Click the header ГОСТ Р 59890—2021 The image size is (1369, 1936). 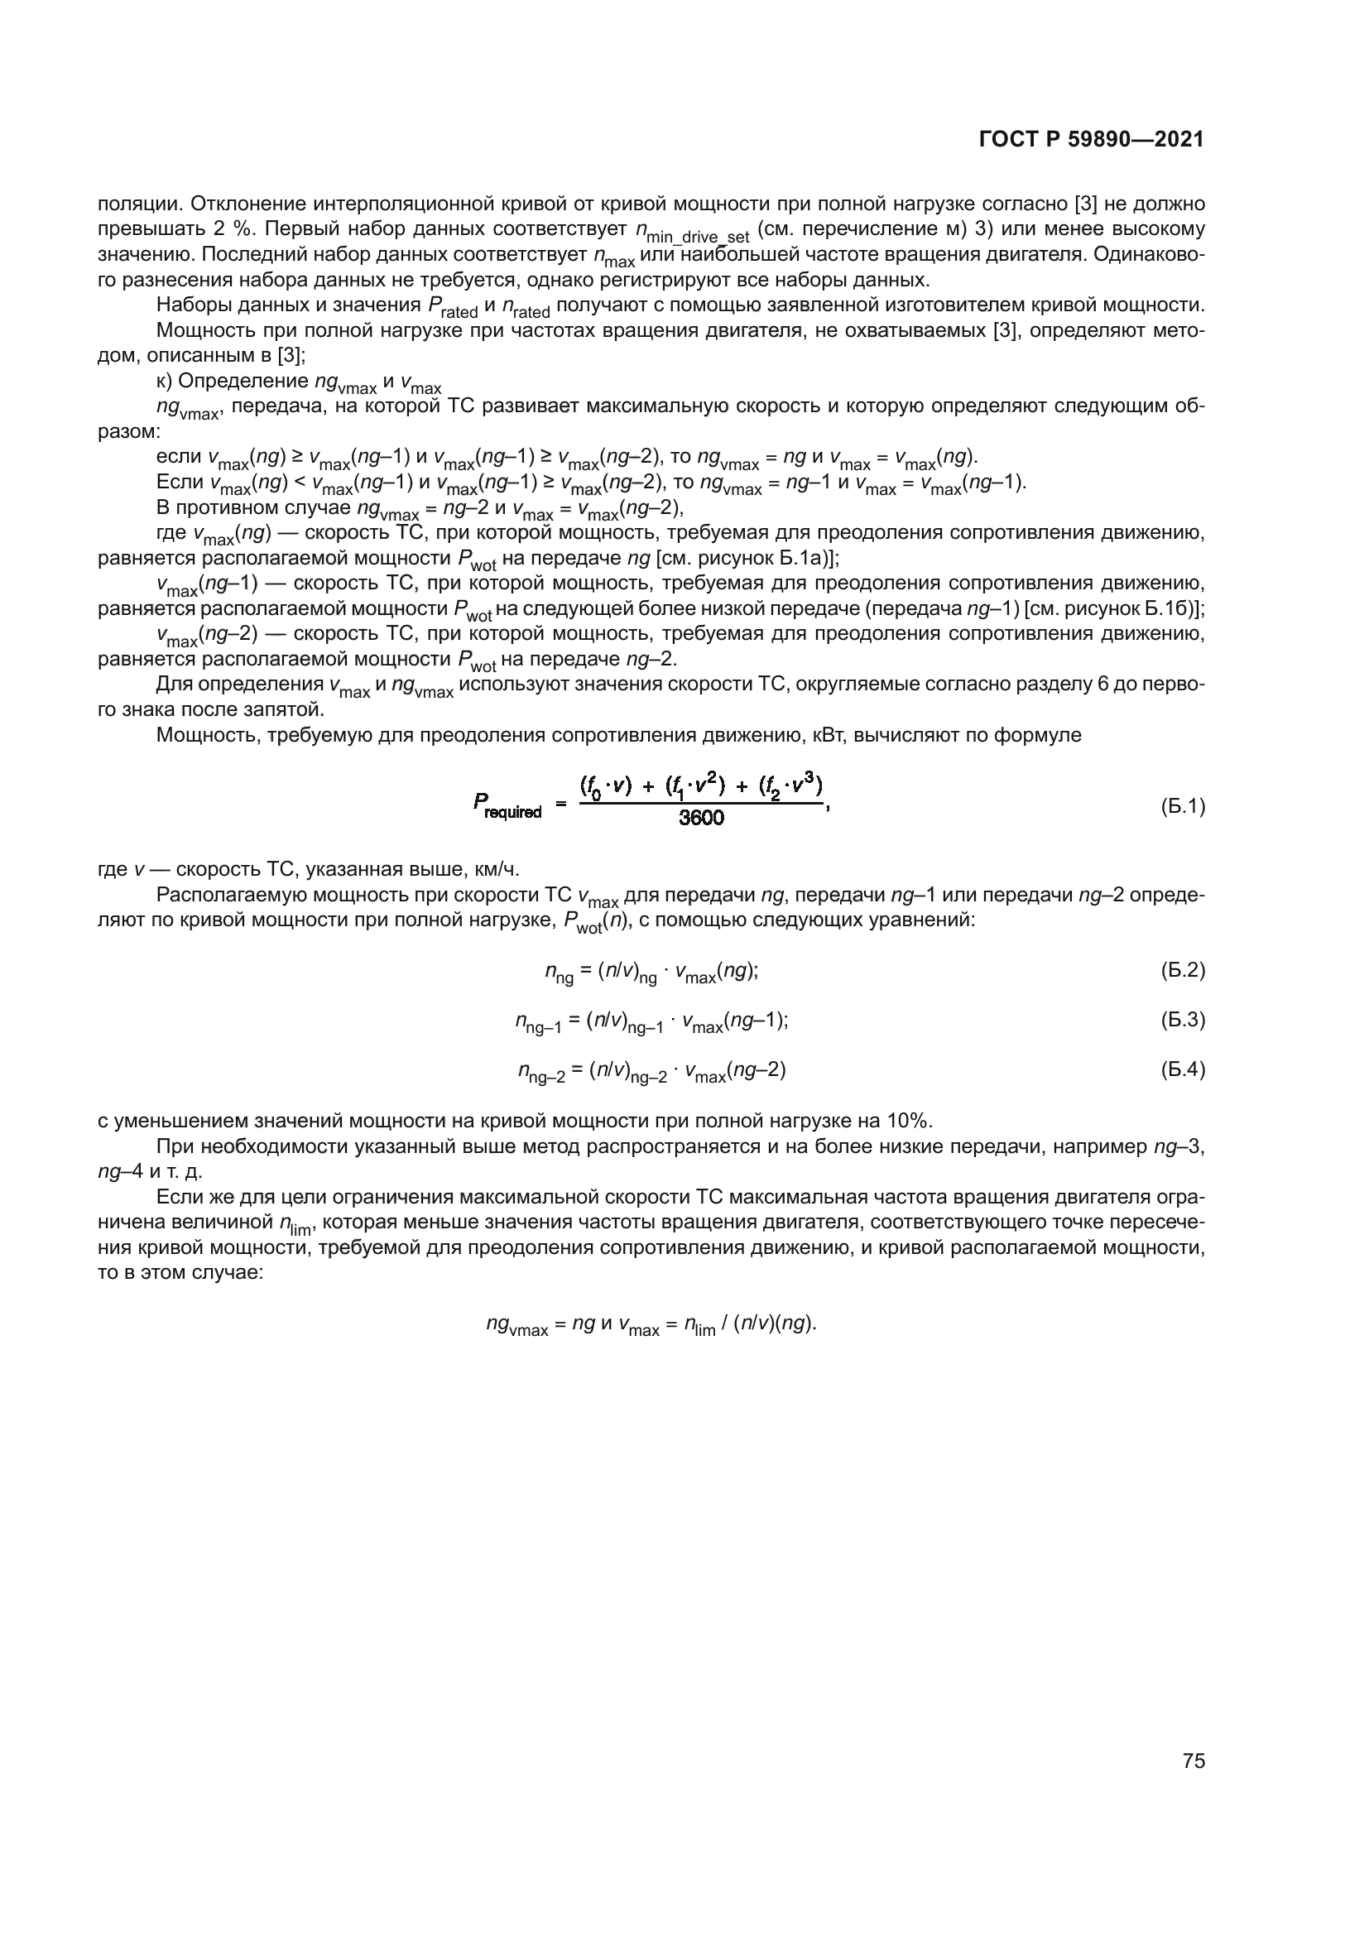pos(1092,140)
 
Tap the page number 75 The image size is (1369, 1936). pos(1194,1761)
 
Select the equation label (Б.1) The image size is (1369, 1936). pos(1183,807)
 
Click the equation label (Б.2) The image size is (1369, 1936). pos(1183,970)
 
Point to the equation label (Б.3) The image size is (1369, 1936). pos(1183,1020)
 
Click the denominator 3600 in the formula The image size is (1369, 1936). pos(701,817)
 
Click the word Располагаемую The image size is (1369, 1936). pos(222,895)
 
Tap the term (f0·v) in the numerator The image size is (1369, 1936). pos(606,785)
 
